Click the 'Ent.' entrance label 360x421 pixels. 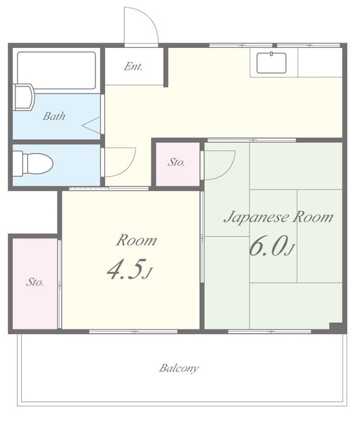point(133,66)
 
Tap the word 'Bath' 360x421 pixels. point(54,116)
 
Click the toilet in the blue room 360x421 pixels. point(33,164)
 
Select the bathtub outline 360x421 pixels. point(56,70)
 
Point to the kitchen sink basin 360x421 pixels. point(271,63)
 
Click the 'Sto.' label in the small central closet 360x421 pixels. point(177,162)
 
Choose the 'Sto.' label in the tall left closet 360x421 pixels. point(35,282)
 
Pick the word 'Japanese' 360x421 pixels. point(256,218)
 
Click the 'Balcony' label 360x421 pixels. point(179,368)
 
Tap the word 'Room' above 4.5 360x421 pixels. point(136,240)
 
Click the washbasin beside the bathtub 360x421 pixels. point(23,97)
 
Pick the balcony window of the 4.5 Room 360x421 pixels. point(133,332)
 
